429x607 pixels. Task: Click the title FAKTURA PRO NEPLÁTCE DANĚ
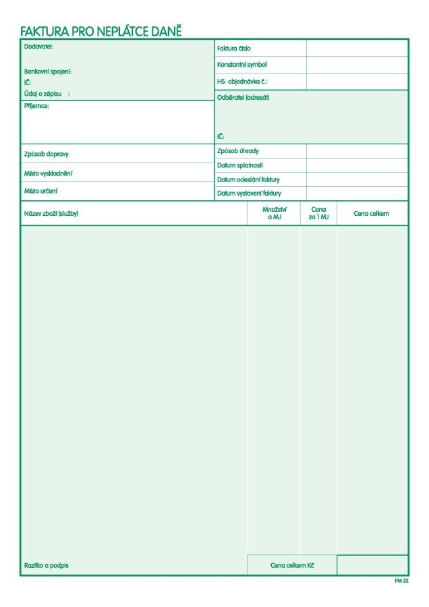coord(101,31)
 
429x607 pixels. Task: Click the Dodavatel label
coord(38,47)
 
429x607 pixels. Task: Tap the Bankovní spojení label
coord(48,71)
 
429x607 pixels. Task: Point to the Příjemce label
coord(36,106)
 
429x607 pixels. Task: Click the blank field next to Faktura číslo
coord(357,48)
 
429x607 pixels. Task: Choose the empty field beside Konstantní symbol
coord(357,65)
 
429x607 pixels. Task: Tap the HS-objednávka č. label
coord(242,81)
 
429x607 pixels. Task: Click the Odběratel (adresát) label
coord(243,97)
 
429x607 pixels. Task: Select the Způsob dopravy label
coord(47,154)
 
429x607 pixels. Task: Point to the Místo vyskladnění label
coord(48,173)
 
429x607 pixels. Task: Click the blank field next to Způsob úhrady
coord(357,151)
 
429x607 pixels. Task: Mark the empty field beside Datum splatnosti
coord(357,165)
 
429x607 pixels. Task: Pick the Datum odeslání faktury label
coord(248,179)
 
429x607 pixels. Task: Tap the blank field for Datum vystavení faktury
coord(357,194)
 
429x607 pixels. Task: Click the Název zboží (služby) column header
coord(51,214)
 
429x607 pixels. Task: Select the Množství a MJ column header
coord(274,213)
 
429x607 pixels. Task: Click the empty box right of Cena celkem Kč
coord(372,565)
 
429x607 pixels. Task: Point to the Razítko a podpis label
coord(47,565)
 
